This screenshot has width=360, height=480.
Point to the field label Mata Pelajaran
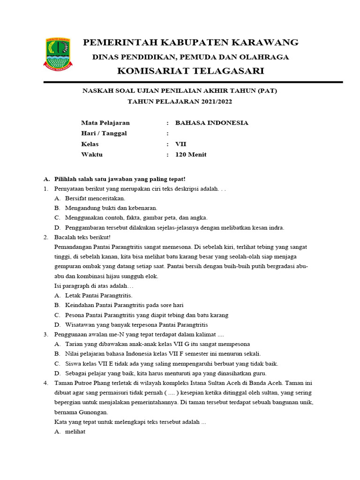tap(105, 123)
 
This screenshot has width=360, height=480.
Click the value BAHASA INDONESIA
tap(211, 123)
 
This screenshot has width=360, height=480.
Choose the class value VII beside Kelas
tap(180, 144)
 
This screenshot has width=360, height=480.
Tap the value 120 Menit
tap(191, 155)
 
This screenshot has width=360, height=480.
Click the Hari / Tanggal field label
tap(104, 134)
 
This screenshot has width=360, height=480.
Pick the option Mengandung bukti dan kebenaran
tap(111, 208)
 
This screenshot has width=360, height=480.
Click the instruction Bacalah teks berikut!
tap(82, 238)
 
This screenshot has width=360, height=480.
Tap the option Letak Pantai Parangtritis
tap(98, 296)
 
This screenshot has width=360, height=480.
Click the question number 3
tap(46, 335)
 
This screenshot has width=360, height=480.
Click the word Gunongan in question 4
tap(94, 412)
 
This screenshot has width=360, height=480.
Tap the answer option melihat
tap(75, 432)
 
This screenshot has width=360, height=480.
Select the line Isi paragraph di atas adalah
tap(94, 286)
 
